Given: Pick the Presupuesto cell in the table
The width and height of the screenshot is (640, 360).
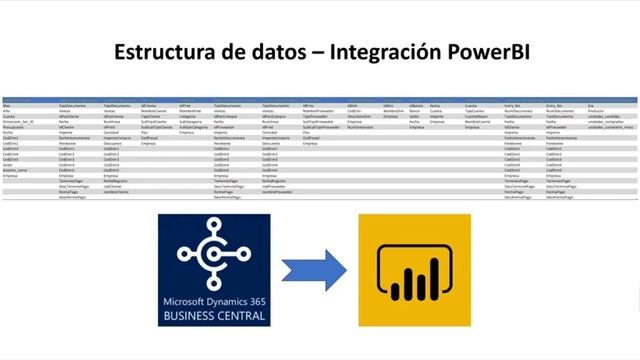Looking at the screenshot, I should point(14,128).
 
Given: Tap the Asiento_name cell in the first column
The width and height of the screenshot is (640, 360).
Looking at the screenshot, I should point(16,169).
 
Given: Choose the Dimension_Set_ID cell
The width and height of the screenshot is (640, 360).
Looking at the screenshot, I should point(19,122).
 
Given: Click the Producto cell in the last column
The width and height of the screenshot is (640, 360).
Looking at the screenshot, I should point(596,110).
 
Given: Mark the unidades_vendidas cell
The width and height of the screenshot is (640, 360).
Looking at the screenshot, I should point(606,116).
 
